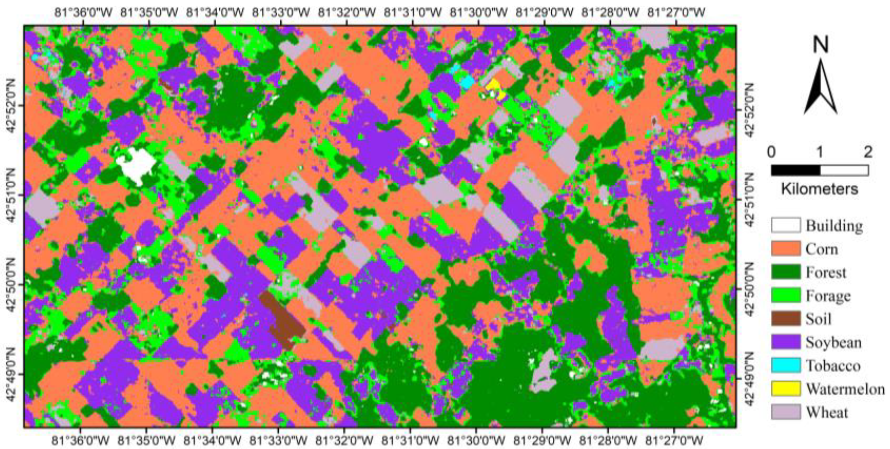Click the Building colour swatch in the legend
[785, 225]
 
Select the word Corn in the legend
[822, 249]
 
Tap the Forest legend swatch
[785, 272]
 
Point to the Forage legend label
[828, 296]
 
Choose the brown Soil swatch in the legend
[785, 319]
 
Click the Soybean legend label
[833, 342]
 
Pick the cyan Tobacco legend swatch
[785, 365]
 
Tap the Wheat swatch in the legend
[785, 412]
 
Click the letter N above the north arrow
[821, 45]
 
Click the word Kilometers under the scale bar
[819, 189]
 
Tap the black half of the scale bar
[795, 170]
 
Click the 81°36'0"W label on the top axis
[83, 13]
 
